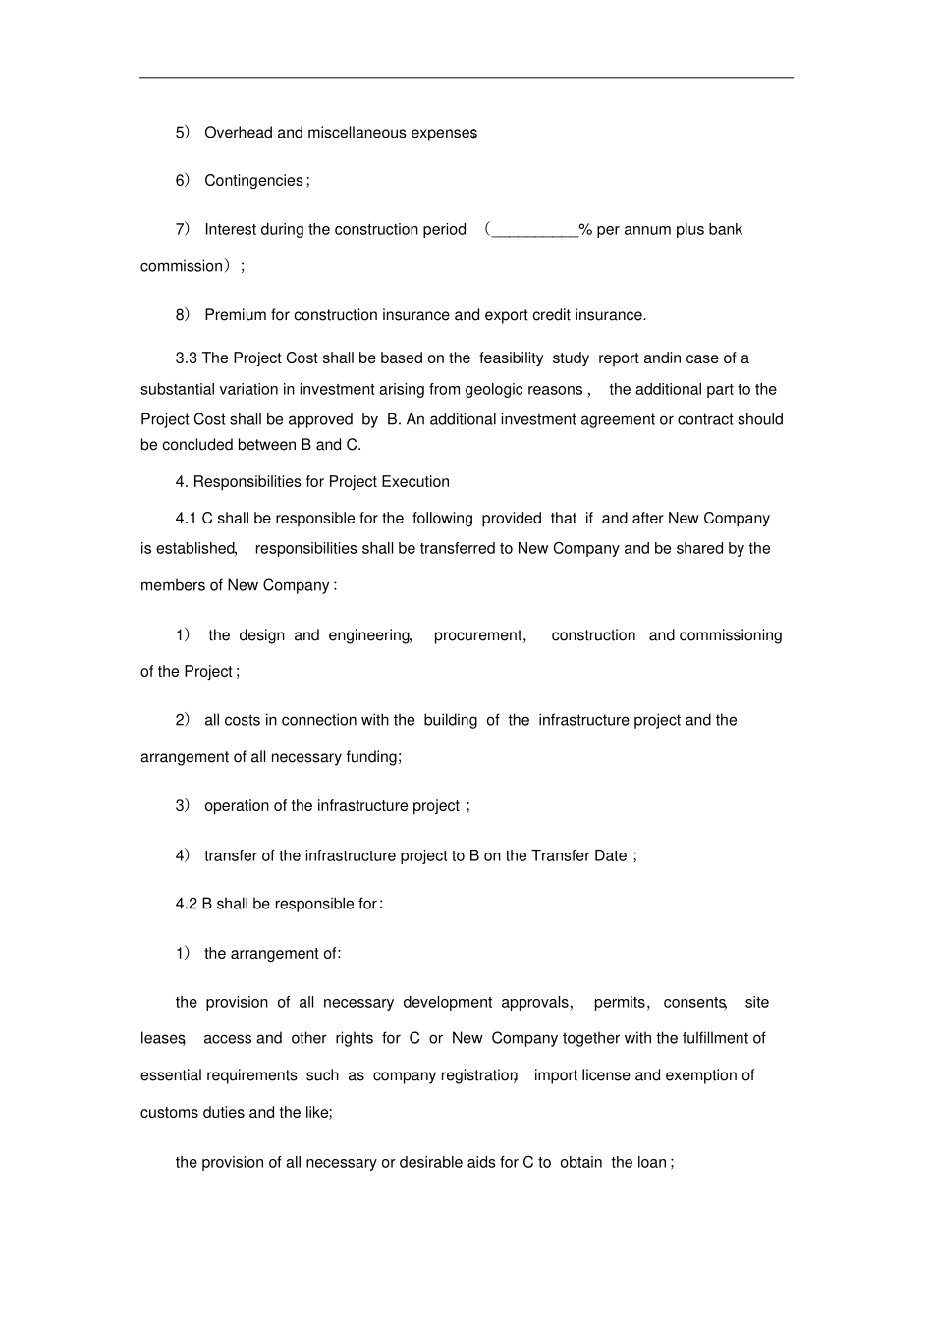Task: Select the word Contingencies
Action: click(x=253, y=181)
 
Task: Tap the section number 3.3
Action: click(x=187, y=358)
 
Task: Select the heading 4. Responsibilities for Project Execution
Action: click(x=312, y=482)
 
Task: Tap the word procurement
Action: click(x=478, y=635)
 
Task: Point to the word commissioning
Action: click(x=731, y=635)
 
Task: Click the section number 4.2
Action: click(x=187, y=905)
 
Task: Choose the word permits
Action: click(x=619, y=1003)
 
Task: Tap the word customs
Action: click(x=169, y=1113)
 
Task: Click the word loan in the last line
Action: click(x=651, y=1163)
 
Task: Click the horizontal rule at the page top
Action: click(x=466, y=78)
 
